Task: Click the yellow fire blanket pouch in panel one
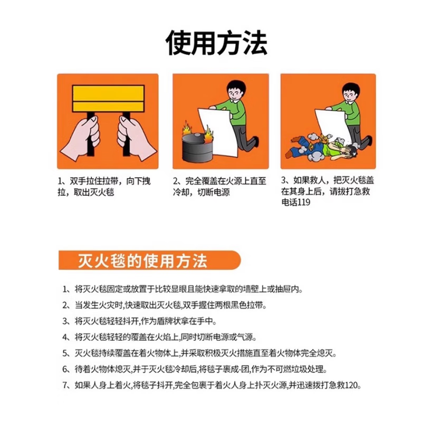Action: pyautogui.click(x=107, y=98)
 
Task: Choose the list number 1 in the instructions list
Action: pyautogui.click(x=65, y=290)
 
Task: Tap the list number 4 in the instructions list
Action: pyautogui.click(x=65, y=337)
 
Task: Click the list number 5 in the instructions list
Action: pyautogui.click(x=65, y=353)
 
